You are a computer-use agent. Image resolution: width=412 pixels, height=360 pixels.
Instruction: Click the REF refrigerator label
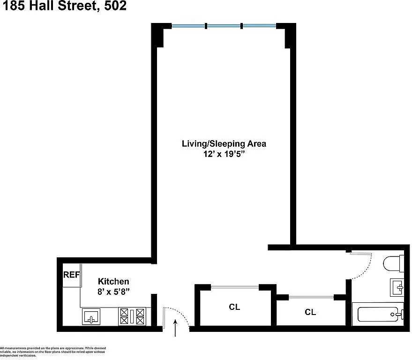pos(72,275)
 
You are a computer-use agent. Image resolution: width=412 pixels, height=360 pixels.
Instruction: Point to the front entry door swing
pos(175,315)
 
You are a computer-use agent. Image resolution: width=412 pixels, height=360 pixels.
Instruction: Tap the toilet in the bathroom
pos(392,264)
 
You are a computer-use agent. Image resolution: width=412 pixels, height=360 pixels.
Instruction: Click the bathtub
pos(378,314)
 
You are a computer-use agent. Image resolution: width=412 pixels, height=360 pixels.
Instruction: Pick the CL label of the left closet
pos(234,307)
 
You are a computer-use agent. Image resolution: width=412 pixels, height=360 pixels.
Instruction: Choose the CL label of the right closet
pos(310,312)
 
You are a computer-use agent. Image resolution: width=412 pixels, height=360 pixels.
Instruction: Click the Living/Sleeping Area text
pos(224,143)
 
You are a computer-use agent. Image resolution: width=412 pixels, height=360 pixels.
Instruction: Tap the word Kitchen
pos(113,281)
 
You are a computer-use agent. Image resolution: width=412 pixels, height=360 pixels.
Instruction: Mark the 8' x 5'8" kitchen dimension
pos(113,292)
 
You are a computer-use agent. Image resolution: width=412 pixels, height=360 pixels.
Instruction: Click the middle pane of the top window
pos(224,26)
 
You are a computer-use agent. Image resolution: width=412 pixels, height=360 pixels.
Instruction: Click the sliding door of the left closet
pos(235,287)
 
